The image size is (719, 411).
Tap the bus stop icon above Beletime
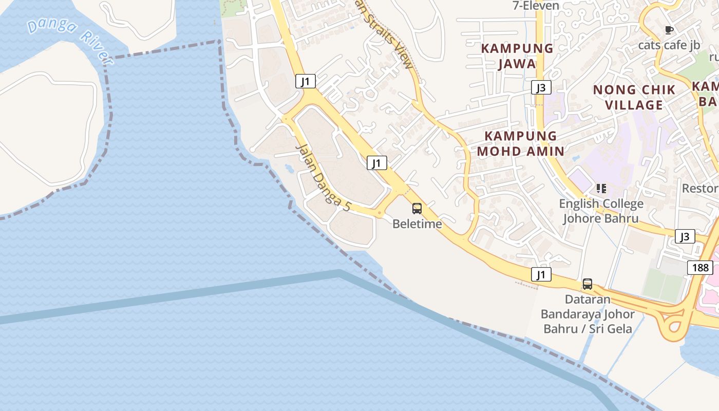tap(417, 209)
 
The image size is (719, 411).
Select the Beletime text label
tap(417, 224)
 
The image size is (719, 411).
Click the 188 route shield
tap(700, 267)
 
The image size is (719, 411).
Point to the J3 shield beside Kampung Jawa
tap(541, 87)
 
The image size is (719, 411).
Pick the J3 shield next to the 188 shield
tap(685, 236)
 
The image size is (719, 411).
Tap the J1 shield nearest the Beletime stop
tap(377, 163)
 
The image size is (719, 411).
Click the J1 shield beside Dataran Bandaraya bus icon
tap(541, 274)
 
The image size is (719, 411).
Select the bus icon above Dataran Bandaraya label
tap(587, 284)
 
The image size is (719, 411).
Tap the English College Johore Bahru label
tap(601, 211)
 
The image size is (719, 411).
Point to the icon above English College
tap(601, 189)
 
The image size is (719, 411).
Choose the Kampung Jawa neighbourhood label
tap(517, 56)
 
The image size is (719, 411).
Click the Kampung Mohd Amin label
tap(521, 143)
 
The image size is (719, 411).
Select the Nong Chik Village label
tap(634, 97)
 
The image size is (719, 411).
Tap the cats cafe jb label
tap(669, 45)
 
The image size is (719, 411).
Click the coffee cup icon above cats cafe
tap(669, 30)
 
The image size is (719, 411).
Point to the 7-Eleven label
tap(536, 6)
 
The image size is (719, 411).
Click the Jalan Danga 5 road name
tap(324, 178)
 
